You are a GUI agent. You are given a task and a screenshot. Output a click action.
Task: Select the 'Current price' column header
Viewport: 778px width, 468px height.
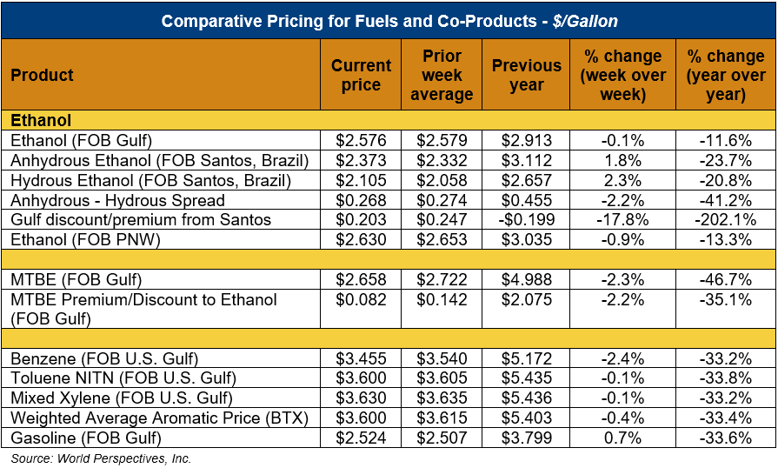361,75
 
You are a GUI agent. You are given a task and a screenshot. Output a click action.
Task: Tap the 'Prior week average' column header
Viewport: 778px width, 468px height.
442,75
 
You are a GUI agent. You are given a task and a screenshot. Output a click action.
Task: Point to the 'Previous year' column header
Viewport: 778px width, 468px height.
526,75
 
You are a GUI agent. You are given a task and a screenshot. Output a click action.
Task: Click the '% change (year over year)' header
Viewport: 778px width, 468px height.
726,75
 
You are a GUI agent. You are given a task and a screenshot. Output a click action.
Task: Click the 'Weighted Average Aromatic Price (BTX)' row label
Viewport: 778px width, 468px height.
160,418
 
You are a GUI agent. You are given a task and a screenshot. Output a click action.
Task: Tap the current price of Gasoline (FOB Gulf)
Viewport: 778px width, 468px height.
361,438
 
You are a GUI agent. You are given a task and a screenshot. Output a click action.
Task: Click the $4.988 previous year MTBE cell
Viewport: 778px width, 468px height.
526,279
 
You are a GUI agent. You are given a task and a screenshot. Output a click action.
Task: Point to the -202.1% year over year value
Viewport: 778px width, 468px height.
726,219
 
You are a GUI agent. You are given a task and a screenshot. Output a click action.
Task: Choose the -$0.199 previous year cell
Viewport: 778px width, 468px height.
526,219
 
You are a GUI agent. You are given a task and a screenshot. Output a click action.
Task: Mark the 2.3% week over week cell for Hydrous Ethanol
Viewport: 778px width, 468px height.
622,179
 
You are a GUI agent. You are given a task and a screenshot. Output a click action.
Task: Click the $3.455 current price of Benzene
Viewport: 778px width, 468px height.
361,358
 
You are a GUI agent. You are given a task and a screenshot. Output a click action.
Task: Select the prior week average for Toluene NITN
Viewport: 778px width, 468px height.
442,378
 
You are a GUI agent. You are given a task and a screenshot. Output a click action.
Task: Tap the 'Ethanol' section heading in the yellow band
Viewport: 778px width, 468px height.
41,120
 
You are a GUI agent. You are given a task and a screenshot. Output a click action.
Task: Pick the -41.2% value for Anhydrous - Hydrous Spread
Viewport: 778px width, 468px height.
726,199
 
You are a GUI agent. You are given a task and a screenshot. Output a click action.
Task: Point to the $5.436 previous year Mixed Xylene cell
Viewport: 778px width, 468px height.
526,398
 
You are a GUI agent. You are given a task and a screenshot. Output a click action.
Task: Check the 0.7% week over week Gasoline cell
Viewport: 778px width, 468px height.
622,438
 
